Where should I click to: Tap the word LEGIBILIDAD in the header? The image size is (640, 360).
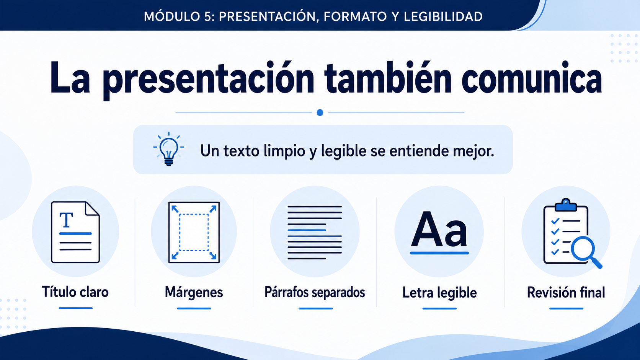(x=443, y=16)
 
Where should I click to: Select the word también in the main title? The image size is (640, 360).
(x=388, y=78)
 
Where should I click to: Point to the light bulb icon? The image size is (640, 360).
(x=168, y=149)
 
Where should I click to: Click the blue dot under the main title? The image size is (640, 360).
(x=320, y=112)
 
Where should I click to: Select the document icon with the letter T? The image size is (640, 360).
(x=75, y=232)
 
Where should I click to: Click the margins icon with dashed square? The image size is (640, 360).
(x=194, y=232)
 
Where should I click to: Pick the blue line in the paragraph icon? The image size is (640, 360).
(x=307, y=230)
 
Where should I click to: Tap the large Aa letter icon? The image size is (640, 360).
(x=439, y=230)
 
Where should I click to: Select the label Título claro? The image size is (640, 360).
(x=75, y=292)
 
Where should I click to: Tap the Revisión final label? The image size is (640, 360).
(x=566, y=293)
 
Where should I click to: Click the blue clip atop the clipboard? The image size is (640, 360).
(x=566, y=205)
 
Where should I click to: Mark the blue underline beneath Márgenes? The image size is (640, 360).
(x=194, y=308)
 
